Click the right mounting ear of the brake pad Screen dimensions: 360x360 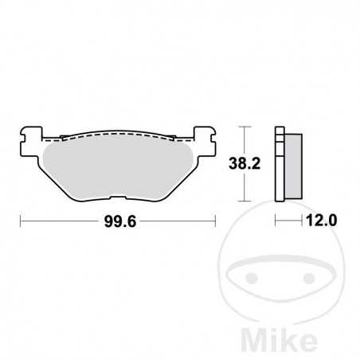[205, 137]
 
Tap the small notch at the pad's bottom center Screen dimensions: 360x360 [119, 199]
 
